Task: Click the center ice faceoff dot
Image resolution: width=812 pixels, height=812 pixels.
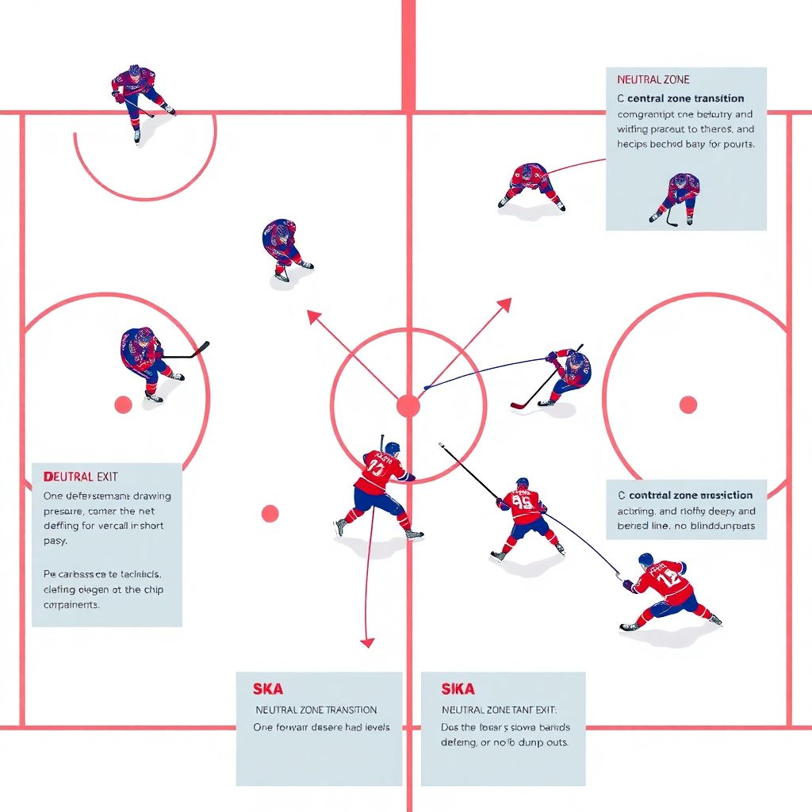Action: pos(408,406)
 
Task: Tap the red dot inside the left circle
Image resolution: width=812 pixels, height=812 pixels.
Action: pos(123,405)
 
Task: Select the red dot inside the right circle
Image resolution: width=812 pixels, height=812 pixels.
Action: pos(688,405)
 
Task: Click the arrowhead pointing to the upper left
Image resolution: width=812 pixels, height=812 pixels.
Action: pos(313,316)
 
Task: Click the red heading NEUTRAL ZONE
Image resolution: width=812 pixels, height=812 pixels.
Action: pos(653,80)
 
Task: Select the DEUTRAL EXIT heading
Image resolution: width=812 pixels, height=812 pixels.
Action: pos(81,477)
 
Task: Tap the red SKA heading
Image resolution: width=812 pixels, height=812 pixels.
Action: pos(268,689)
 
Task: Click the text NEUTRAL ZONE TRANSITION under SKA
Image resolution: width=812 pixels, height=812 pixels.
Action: pos(316,710)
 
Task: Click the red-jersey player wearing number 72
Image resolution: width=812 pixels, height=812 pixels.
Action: pos(665,591)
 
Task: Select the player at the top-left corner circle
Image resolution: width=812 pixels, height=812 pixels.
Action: pos(139,97)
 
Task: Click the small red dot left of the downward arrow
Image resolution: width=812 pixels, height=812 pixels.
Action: pos(270,513)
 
